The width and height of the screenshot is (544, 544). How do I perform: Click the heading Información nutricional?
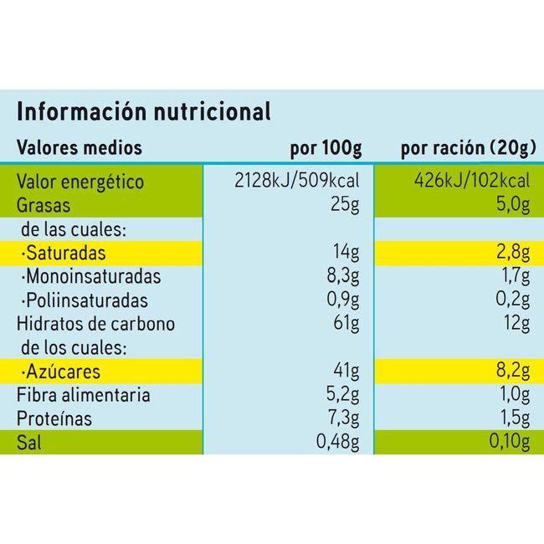click(144, 112)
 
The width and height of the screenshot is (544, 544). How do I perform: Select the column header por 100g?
click(326, 149)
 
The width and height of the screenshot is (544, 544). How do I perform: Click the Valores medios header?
click(80, 149)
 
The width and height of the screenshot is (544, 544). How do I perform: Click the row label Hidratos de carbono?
click(96, 324)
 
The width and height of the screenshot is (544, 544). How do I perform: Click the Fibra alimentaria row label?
click(85, 395)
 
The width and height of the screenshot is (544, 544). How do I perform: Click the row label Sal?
click(29, 443)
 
